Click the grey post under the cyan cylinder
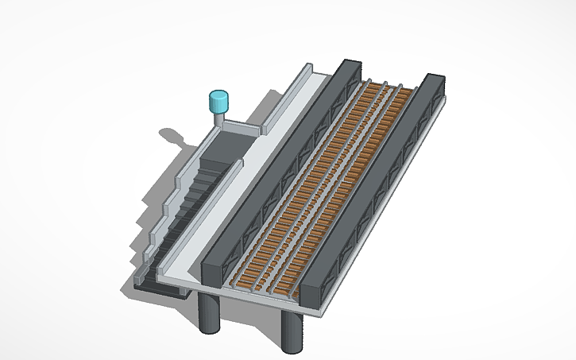(219, 119)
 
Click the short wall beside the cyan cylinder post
(242, 127)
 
